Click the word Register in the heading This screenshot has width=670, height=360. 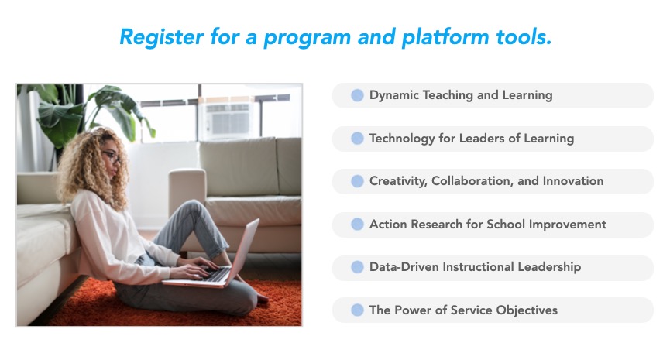point(161,37)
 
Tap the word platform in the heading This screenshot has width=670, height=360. point(445,37)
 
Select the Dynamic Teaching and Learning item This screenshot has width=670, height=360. point(493,95)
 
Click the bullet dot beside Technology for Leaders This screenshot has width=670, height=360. point(357,139)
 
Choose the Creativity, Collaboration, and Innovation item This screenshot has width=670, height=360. point(493,181)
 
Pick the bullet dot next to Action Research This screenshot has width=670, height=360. point(357,225)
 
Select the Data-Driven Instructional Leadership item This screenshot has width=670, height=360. point(493,267)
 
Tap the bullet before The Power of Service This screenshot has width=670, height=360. point(357,310)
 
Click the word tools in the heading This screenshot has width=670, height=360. point(524,37)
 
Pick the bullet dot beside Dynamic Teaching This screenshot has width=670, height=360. point(357,95)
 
